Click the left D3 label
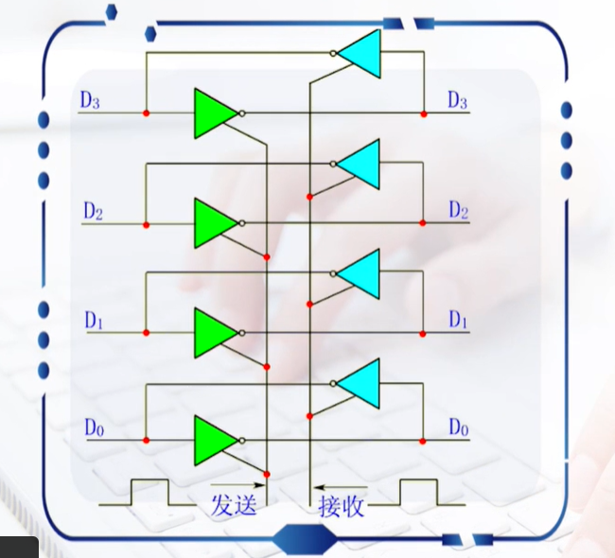pyautogui.click(x=91, y=101)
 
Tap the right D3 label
pyautogui.click(x=457, y=100)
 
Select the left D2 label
pyautogui.click(x=92, y=211)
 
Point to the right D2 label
pyautogui.click(x=458, y=209)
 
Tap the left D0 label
pyautogui.click(x=92, y=427)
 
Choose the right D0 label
pyautogui.click(x=458, y=427)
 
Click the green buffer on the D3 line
pyautogui.click(x=214, y=113)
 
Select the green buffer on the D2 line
pyautogui.click(x=214, y=224)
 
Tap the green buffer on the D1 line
pyautogui.click(x=214, y=333)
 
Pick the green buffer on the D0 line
pyautogui.click(x=214, y=441)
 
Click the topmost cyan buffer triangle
pyautogui.click(x=360, y=53)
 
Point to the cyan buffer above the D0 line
pyautogui.click(x=360, y=383)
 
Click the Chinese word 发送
pyautogui.click(x=233, y=505)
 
